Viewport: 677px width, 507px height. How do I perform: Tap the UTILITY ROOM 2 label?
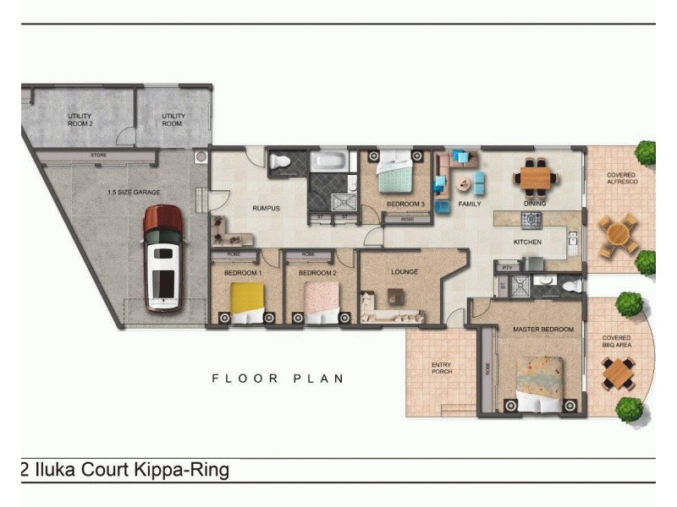[80, 119]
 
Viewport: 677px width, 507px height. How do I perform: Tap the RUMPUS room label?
[266, 208]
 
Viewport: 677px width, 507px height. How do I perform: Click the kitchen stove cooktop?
[531, 220]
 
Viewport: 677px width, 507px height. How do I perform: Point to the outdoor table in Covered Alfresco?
[619, 235]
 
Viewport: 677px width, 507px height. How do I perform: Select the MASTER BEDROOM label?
[543, 329]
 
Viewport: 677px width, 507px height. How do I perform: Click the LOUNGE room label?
[405, 272]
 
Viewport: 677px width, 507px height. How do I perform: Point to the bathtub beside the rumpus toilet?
[327, 160]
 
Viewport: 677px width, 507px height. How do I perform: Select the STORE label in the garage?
[98, 156]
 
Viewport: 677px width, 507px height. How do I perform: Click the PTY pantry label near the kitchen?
[507, 267]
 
